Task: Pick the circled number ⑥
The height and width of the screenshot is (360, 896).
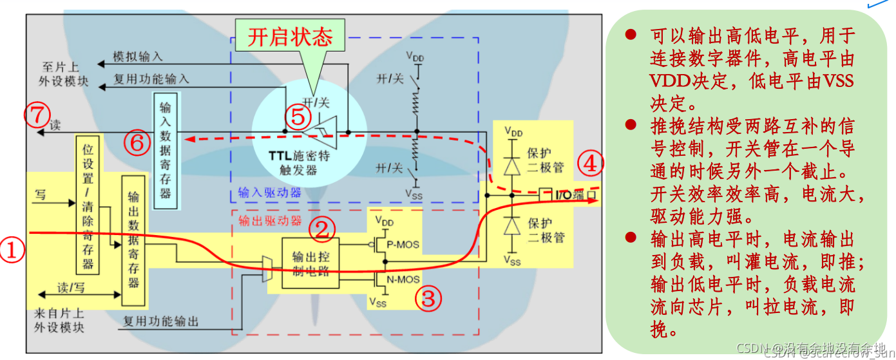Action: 137,143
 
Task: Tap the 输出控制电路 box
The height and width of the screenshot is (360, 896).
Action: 310,262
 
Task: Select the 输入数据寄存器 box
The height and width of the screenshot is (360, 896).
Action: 166,149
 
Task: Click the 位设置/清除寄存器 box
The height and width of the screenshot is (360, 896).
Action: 88,205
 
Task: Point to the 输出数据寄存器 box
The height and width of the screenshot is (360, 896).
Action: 133,240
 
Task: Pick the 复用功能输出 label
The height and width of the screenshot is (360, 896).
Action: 161,320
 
